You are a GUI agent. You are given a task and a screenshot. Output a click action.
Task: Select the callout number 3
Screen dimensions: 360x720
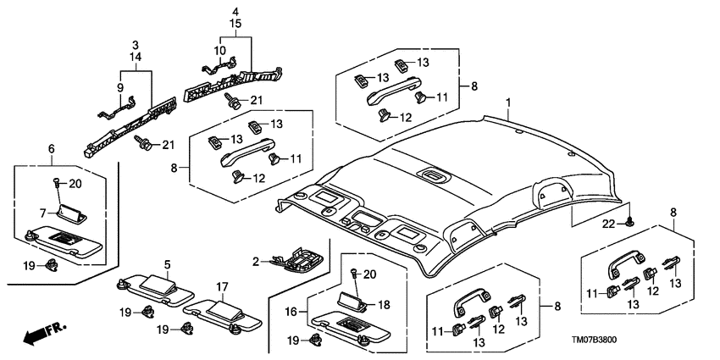[x=135, y=43]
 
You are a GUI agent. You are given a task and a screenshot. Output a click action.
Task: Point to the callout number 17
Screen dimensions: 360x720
[x=222, y=286]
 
